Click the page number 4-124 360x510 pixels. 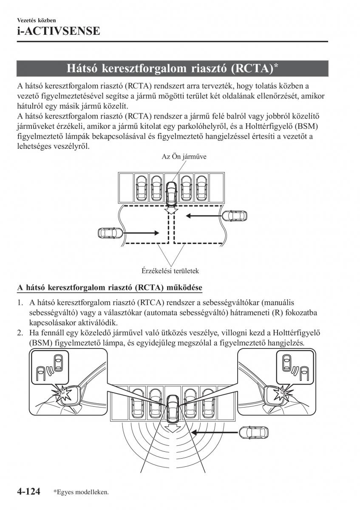point(28,492)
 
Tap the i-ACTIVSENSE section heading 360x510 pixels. point(58,31)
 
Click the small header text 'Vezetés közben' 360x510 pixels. point(37,20)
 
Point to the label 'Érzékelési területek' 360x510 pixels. point(170,271)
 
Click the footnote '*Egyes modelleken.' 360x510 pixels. point(81,493)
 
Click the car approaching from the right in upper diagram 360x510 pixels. point(234,215)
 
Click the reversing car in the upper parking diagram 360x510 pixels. point(172,193)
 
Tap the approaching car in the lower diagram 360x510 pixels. point(250,432)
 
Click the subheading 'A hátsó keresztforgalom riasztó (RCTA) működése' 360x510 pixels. point(110,288)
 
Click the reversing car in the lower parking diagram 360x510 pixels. point(173,406)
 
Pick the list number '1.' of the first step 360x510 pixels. point(20,303)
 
